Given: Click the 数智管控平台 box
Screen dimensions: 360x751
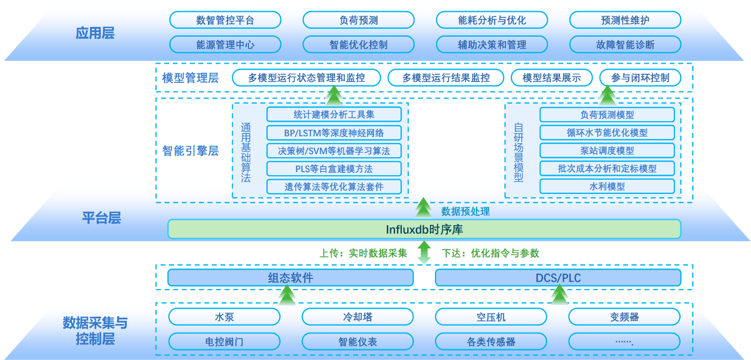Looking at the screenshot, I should tap(225, 20).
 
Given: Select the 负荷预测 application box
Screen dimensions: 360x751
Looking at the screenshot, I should tap(358, 20).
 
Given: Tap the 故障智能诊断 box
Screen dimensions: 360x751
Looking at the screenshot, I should tap(625, 45).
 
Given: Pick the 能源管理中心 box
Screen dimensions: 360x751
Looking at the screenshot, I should tap(225, 45).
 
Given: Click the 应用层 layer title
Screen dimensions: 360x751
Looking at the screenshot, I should tap(95, 33).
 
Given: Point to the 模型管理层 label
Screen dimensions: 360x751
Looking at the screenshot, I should tap(190, 78).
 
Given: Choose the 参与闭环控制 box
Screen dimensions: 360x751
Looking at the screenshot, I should tap(640, 78).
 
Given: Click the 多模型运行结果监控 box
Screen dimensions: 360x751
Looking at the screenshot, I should tap(446, 78).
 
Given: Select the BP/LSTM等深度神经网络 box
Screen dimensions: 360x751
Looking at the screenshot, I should tap(334, 133).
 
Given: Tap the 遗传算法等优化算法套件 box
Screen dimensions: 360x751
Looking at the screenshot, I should tap(334, 186).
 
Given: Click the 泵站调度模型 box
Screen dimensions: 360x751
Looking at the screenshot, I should tap(607, 150).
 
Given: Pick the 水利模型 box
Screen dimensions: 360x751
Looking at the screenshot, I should tap(607, 186).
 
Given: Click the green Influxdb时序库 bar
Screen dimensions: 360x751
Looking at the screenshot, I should tap(424, 229).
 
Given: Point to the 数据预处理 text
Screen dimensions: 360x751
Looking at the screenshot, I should tap(465, 212).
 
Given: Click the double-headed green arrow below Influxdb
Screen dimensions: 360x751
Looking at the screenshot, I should tap(424, 252).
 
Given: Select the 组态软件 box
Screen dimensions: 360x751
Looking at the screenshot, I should tap(290, 278).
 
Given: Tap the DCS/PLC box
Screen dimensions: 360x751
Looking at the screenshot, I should tap(558, 278).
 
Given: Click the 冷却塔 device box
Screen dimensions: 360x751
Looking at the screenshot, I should tap(358, 317).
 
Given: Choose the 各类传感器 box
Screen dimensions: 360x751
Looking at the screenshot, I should tap(491, 341).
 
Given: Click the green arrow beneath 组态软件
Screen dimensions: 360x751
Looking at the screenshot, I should tap(287, 295).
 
